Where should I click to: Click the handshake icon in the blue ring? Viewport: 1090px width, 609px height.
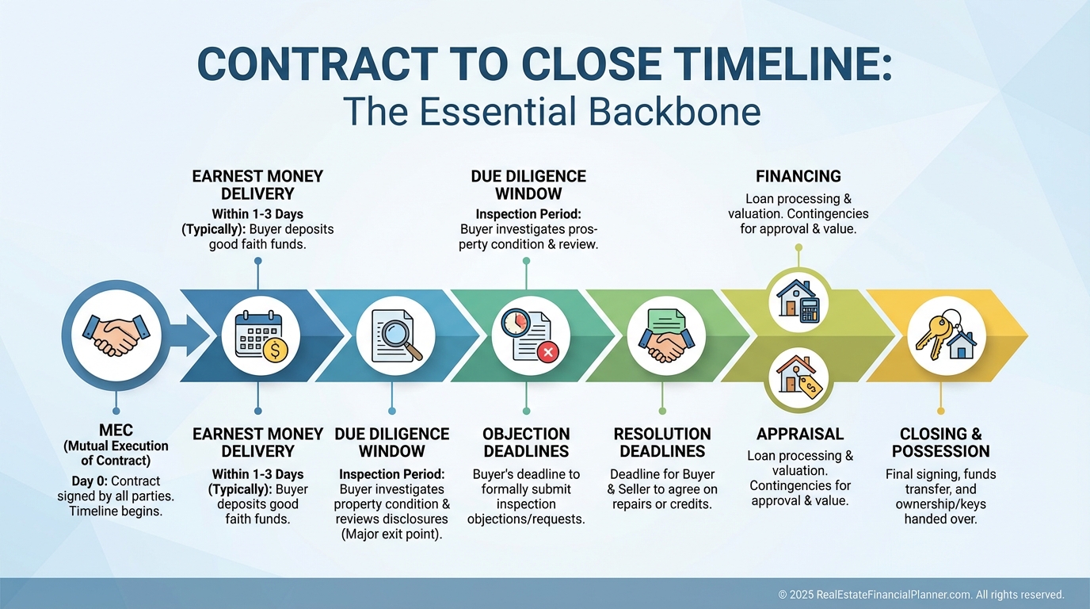116,335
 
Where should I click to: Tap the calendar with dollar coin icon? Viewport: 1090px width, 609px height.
261,336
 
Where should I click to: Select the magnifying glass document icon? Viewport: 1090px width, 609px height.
395,336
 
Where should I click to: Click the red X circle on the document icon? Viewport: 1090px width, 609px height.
548,352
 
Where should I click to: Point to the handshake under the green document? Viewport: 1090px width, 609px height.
666,345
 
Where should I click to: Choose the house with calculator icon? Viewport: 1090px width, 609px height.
798,301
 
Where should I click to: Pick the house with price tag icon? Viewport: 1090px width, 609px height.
798,376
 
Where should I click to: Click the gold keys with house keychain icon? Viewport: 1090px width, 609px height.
946,335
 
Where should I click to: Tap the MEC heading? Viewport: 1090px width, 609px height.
116,430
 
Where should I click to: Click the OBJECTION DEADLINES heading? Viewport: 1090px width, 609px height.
526,442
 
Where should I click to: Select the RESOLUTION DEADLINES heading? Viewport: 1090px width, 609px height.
662,442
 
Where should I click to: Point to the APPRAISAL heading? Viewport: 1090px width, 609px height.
800,434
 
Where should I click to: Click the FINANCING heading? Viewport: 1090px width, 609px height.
798,176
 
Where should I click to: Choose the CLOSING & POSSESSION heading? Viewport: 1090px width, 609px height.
940,442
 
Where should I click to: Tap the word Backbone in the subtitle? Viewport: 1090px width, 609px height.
674,111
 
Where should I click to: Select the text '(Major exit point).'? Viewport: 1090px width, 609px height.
391,534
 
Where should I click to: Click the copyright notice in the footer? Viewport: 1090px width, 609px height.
921,595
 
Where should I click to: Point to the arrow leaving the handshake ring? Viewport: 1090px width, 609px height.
191,335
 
